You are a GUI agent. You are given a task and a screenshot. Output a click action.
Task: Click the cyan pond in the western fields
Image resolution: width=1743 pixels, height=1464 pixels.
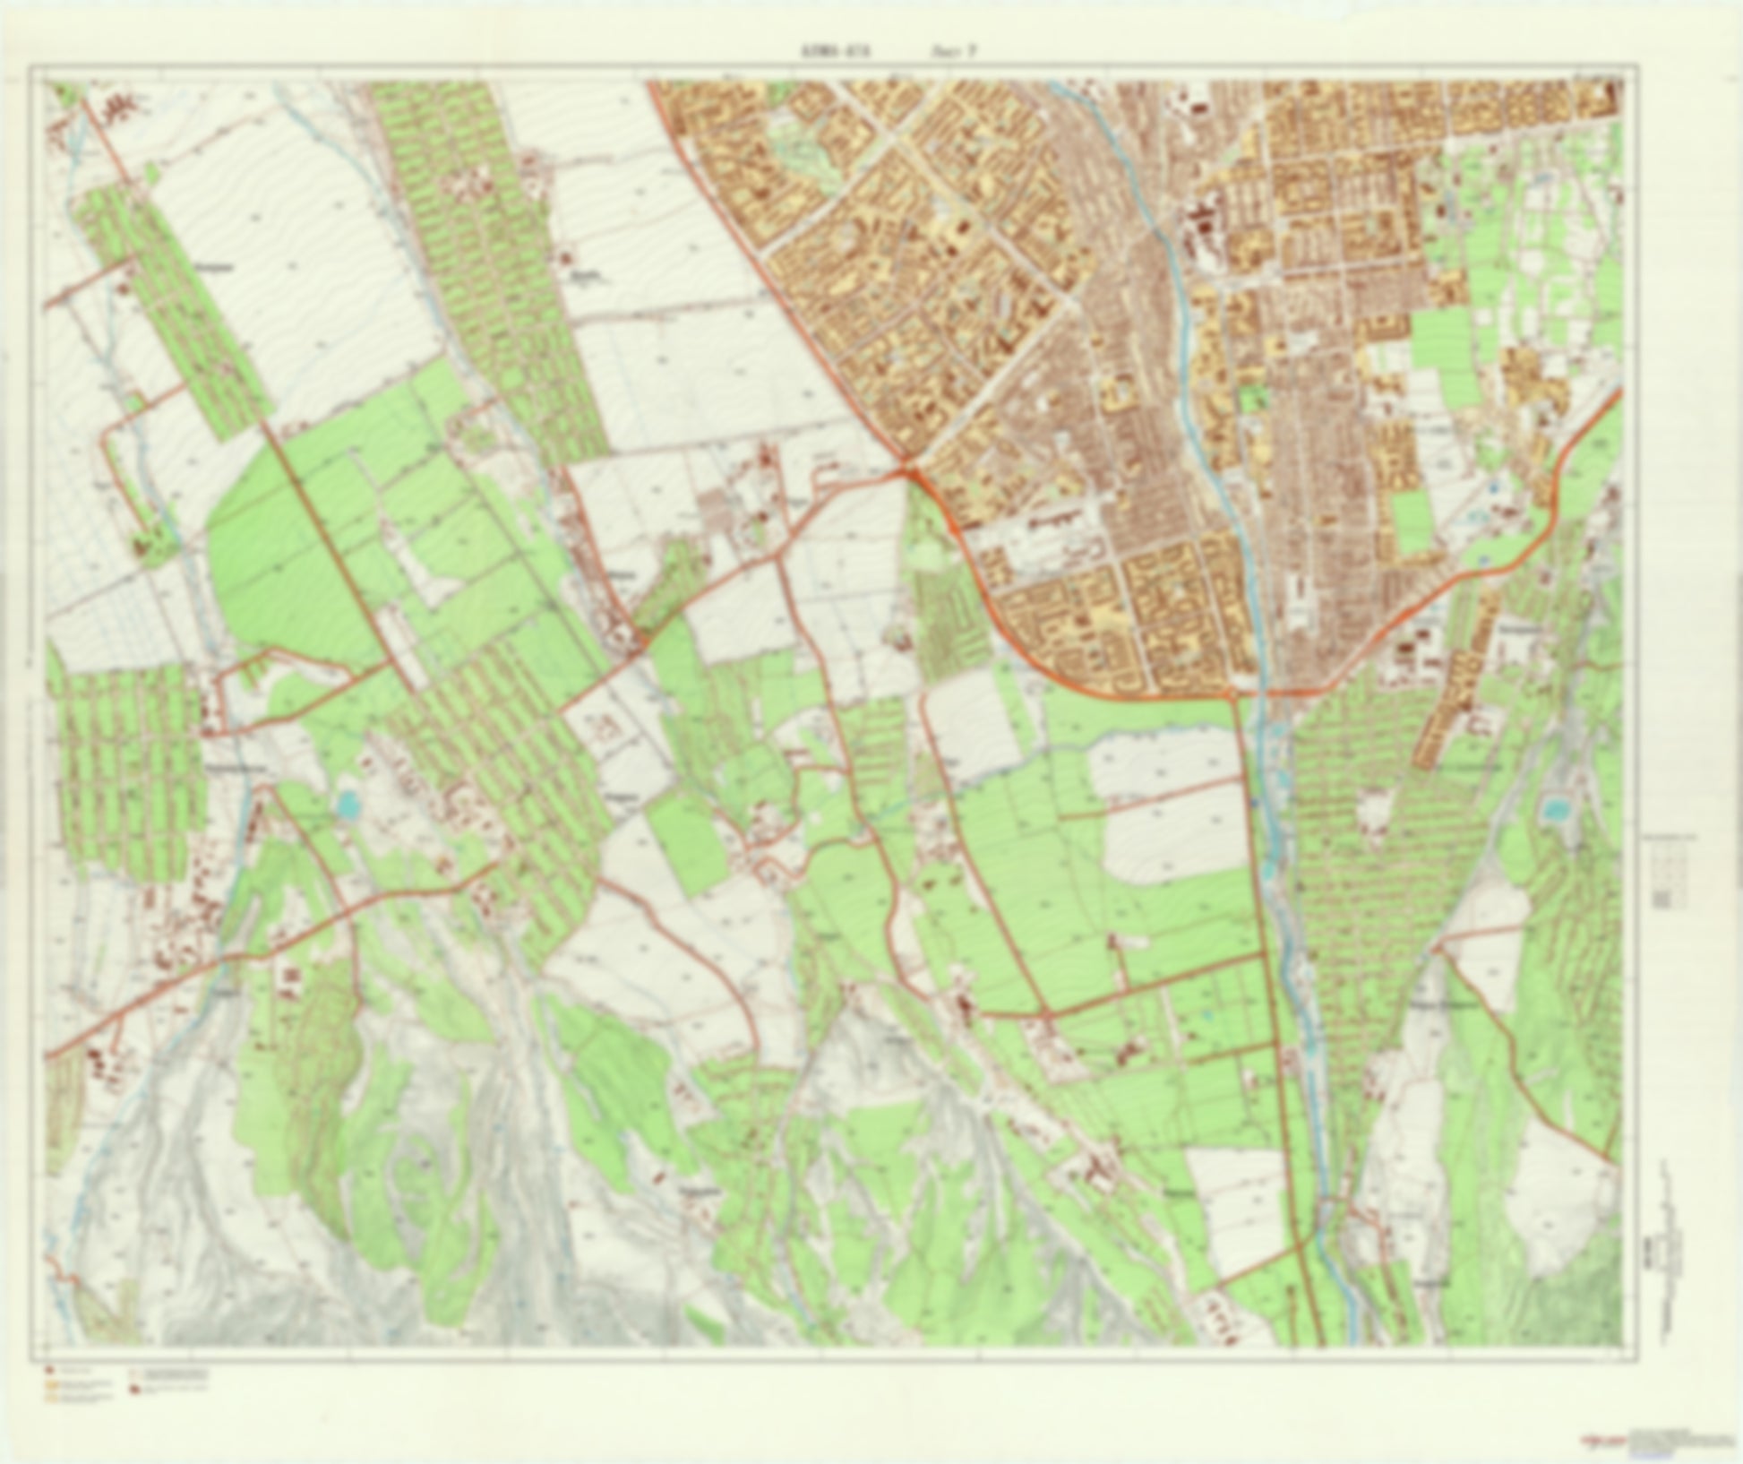point(347,806)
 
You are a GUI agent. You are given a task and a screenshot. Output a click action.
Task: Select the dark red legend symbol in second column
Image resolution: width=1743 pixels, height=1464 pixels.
point(135,1389)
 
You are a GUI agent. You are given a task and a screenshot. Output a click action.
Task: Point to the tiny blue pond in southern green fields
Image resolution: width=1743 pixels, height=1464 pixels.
point(1206,1015)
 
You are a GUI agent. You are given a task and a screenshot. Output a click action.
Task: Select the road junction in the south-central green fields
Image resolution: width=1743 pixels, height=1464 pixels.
point(1046,1013)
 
